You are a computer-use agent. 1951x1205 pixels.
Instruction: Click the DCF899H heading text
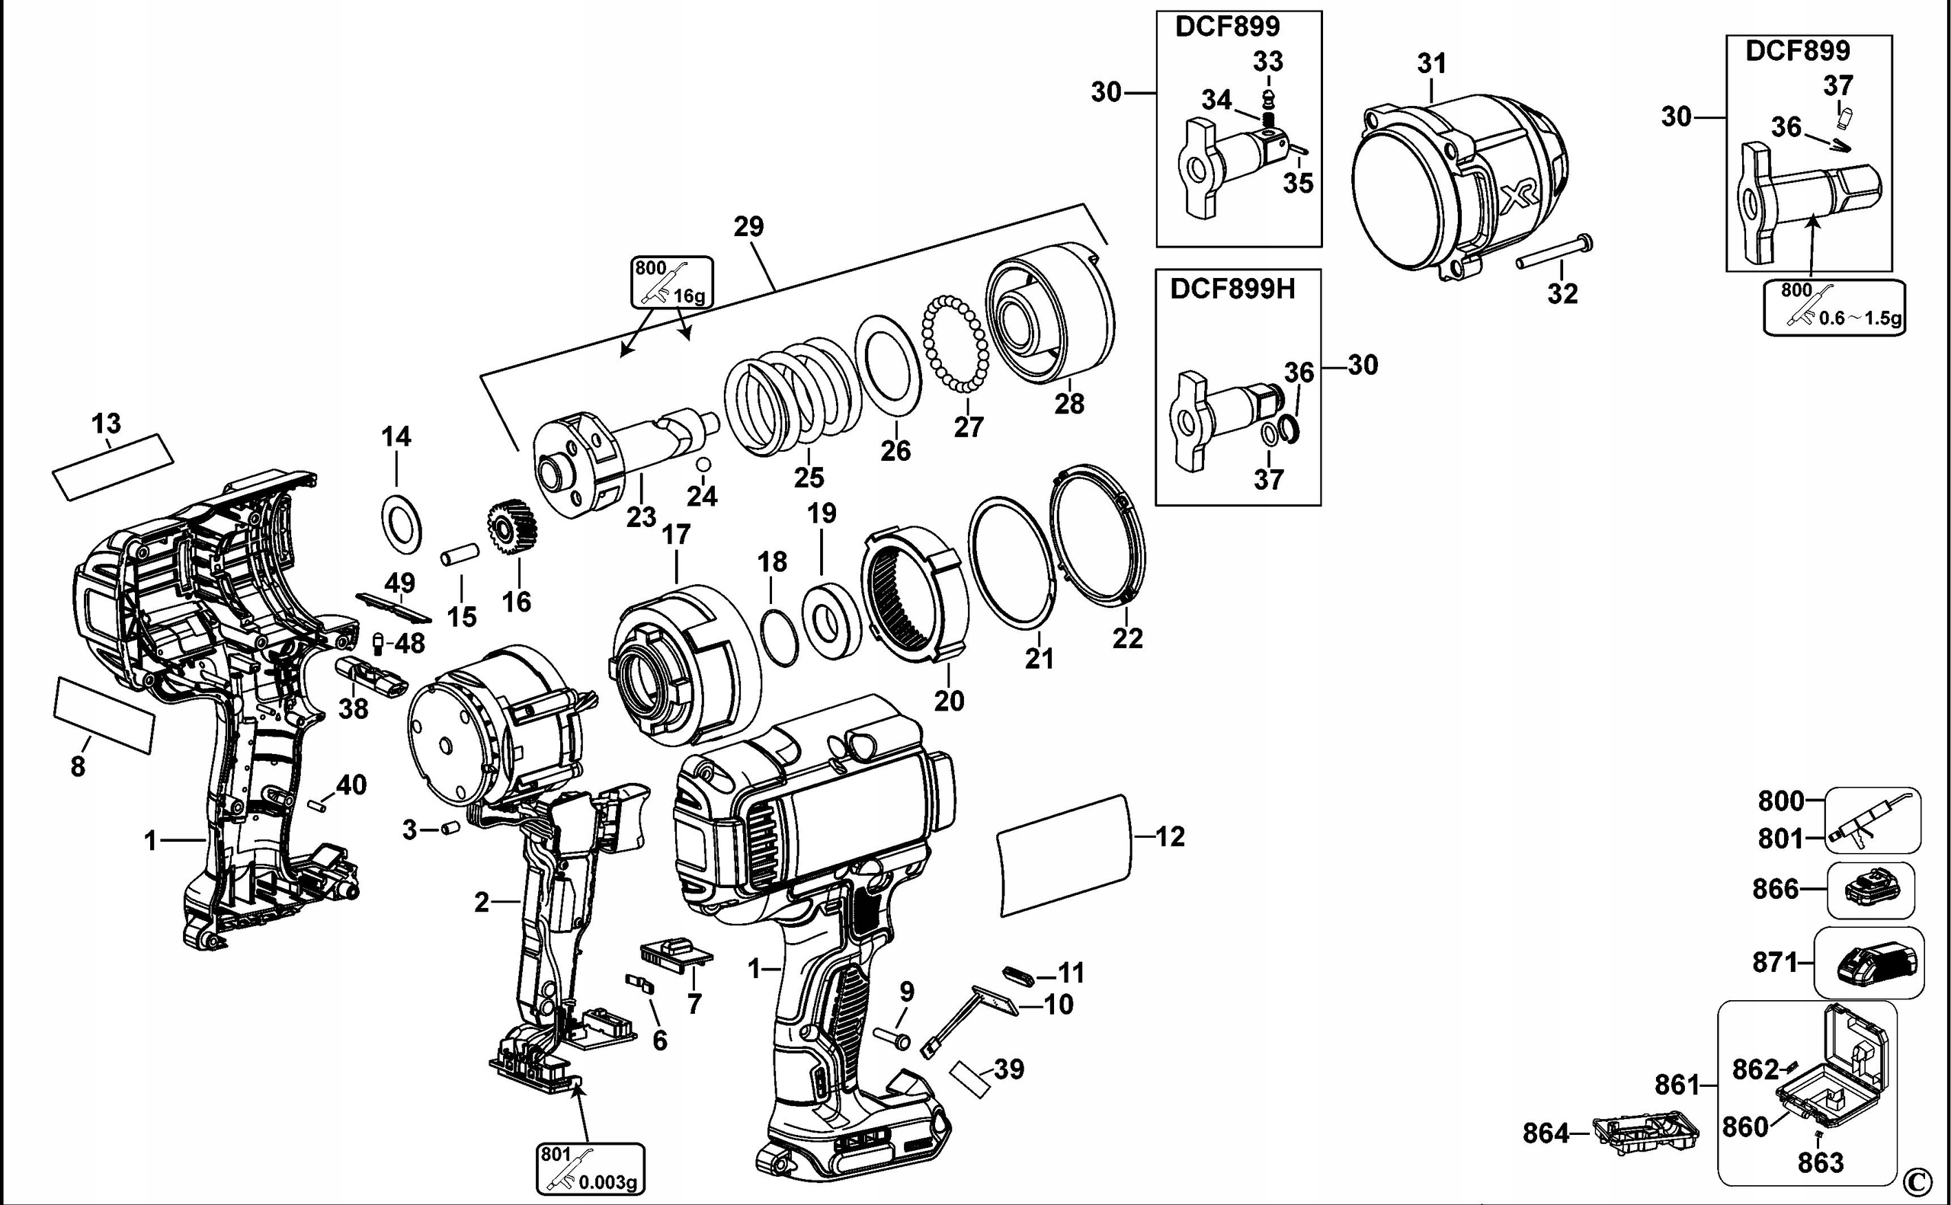tap(1232, 289)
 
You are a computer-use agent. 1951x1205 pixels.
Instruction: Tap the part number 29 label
tap(748, 227)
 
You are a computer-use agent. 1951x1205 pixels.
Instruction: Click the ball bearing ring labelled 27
tap(954, 344)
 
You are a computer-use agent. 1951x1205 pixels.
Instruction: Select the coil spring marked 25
tap(793, 397)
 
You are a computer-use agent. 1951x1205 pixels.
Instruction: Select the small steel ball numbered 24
tap(703, 465)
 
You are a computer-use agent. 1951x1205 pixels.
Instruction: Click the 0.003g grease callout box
tap(591, 1169)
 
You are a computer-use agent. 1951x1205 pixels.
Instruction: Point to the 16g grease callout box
tap(671, 282)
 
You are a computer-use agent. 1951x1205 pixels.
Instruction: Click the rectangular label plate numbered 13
tap(113, 467)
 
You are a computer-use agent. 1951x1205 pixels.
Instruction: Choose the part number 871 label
tap(1775, 962)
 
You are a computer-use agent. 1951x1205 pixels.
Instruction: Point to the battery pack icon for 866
tap(1869, 890)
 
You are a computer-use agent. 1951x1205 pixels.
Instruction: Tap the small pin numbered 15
tap(460, 555)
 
